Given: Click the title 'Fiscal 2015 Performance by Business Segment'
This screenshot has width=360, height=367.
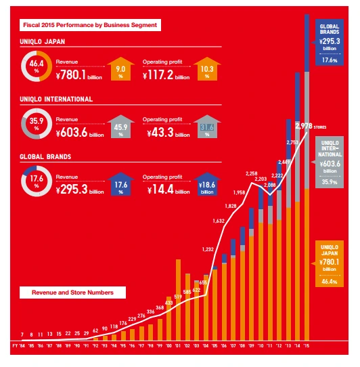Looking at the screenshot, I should [x=90, y=25].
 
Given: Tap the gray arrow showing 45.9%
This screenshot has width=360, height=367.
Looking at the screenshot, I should [x=120, y=126].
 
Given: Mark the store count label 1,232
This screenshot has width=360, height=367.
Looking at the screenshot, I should [x=208, y=249].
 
